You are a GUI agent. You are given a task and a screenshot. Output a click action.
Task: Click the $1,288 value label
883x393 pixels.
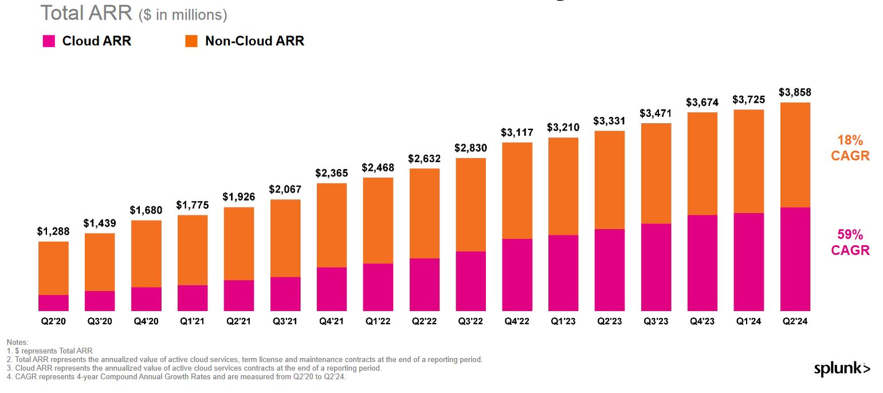coord(53,232)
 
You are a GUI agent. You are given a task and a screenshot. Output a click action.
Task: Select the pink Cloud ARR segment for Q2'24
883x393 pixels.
coord(795,259)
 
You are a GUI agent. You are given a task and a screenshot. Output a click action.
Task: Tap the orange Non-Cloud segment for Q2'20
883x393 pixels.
coord(53,268)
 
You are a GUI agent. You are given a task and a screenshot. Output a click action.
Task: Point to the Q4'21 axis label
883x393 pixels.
coord(331,322)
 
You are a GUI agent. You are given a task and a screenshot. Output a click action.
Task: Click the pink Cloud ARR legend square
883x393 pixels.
coord(49,41)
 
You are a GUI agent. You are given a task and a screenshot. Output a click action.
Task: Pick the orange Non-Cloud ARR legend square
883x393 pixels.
coord(191,41)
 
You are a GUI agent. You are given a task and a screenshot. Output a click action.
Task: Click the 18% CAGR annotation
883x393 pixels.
coord(850,148)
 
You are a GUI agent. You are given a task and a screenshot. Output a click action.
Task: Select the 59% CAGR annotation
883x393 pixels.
coord(850,242)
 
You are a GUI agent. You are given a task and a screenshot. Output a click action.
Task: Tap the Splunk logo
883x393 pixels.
coord(841,370)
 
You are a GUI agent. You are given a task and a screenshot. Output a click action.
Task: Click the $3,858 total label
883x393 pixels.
coord(795,93)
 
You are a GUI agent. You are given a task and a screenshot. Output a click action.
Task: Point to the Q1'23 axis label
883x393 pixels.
coord(563,322)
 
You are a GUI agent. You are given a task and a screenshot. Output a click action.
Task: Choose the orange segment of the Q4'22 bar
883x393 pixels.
coord(517,190)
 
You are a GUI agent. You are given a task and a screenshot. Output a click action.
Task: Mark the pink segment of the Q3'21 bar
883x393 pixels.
coord(285,294)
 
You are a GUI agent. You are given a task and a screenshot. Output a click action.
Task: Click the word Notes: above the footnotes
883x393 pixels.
coord(17,342)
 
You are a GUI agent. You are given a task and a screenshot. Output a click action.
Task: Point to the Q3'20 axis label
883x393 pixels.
coord(100,322)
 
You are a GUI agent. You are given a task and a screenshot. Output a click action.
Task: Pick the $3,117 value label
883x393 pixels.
coord(517,132)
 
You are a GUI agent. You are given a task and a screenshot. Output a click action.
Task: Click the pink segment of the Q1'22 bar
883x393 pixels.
coord(378,287)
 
